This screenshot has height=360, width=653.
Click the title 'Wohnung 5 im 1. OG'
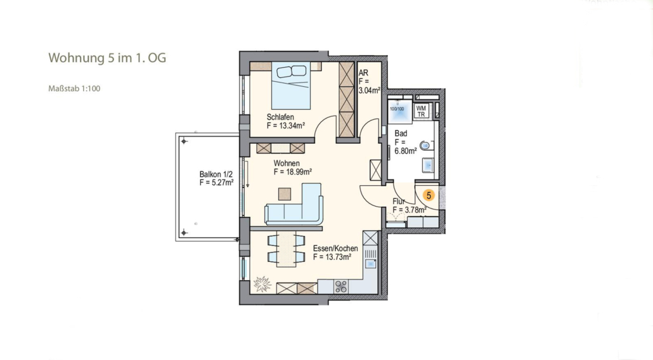107,58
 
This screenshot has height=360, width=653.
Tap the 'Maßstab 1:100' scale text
74,88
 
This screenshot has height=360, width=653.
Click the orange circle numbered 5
428,195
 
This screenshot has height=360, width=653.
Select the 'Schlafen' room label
280,117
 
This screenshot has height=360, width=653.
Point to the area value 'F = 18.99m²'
293,172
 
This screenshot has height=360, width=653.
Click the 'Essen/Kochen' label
335,248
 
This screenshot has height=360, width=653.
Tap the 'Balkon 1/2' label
216,174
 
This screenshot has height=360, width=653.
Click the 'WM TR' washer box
422,111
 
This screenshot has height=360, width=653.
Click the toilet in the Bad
426,145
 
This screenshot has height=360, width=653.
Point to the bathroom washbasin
428,165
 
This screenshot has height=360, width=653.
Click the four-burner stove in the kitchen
341,286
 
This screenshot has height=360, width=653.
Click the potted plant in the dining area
262,285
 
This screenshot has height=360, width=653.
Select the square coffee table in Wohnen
285,194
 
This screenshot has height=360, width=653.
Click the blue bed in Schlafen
291,86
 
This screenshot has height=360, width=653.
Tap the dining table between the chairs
286,249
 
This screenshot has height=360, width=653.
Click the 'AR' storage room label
363,73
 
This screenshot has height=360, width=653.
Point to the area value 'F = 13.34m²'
286,125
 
